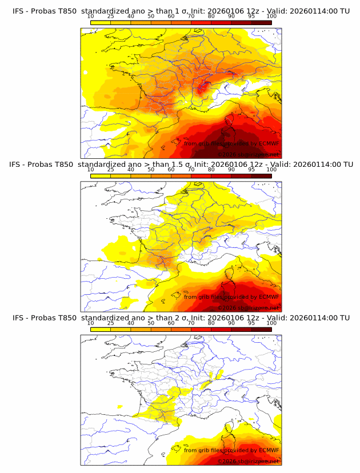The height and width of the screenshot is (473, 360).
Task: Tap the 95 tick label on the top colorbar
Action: click(x=251, y=17)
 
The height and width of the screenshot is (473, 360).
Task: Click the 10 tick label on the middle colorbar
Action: click(x=91, y=170)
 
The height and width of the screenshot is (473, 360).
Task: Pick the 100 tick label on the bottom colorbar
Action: click(x=271, y=323)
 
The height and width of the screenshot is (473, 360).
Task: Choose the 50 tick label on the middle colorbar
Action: click(x=151, y=170)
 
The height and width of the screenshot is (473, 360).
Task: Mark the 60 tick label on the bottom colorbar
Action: click(x=171, y=323)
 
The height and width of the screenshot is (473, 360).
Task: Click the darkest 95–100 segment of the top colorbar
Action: click(x=262, y=23)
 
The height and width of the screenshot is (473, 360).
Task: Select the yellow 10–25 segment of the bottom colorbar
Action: click(x=101, y=330)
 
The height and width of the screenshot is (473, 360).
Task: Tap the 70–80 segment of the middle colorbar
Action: click(x=201, y=176)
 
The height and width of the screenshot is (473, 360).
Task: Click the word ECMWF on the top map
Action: click(x=269, y=143)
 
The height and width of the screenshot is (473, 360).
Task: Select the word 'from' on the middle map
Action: click(x=191, y=297)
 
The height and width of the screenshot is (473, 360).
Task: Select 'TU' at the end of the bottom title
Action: click(x=345, y=318)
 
